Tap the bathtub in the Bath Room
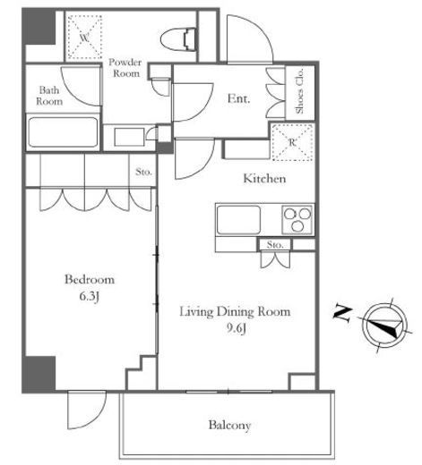click(63, 132)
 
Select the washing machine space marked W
click(84, 37)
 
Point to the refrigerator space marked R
click(292, 142)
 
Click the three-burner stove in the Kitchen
click(297, 220)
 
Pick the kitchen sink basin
click(238, 220)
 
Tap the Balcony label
click(229, 425)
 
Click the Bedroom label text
click(90, 280)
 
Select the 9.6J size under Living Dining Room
click(236, 328)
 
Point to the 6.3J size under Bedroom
click(90, 296)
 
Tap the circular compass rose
click(385, 325)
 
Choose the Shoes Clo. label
click(299, 91)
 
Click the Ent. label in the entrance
click(238, 98)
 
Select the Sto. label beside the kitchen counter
click(275, 245)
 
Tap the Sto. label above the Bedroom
click(143, 172)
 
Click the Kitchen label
click(264, 179)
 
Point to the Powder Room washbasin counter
click(130, 137)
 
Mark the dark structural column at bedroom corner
click(39, 374)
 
